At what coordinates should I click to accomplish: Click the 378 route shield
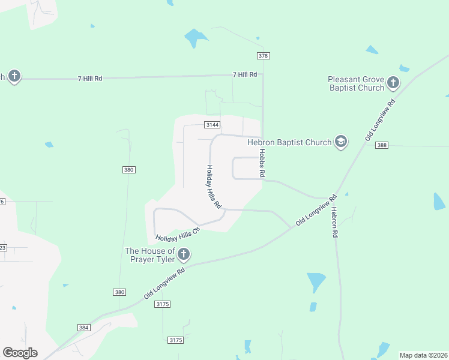[263, 56]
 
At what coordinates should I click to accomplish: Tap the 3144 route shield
[212, 125]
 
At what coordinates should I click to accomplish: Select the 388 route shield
[382, 145]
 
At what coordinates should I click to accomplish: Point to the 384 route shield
[84, 328]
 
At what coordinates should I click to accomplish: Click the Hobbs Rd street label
[262, 163]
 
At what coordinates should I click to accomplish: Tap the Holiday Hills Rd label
[213, 187]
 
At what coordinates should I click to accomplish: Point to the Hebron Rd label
[334, 223]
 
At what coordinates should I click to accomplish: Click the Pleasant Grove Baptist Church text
[356, 83]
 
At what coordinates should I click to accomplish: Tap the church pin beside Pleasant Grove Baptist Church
[393, 82]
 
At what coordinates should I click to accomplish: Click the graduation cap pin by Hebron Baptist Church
[341, 142]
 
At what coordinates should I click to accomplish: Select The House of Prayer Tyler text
[149, 255]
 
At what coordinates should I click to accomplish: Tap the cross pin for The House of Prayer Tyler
[184, 254]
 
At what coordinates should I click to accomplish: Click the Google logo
[20, 352]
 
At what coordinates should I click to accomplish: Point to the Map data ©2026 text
[423, 355]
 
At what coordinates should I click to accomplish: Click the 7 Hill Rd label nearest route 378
[245, 74]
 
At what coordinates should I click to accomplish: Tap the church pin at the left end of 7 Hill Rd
[14, 76]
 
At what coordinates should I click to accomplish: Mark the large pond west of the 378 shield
[195, 38]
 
